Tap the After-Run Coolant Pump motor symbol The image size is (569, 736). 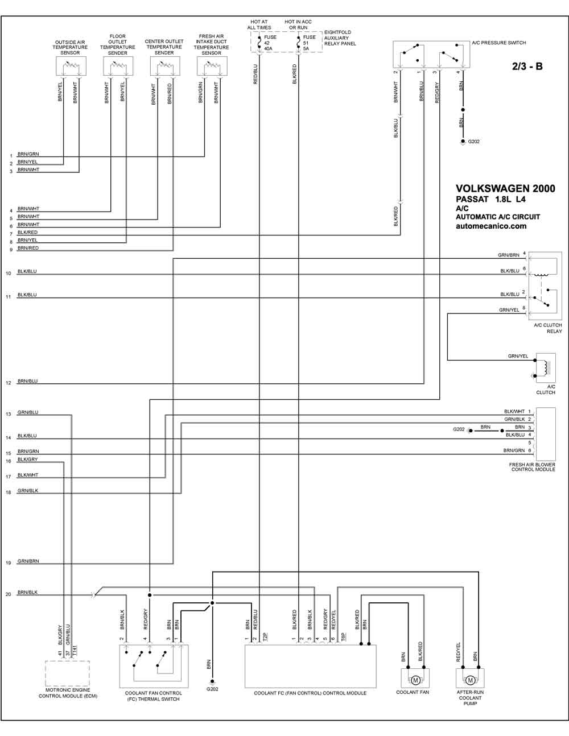(x=470, y=680)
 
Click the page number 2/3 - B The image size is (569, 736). (x=527, y=67)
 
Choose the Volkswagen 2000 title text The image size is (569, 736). (x=505, y=189)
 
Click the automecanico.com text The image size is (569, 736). (x=491, y=226)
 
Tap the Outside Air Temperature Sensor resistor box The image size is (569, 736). (x=71, y=66)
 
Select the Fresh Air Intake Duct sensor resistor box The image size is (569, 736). (x=212, y=66)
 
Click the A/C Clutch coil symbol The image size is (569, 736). (x=545, y=368)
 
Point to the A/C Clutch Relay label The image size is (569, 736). (x=547, y=328)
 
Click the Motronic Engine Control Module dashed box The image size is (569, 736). (x=67, y=673)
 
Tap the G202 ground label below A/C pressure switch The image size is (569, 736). (x=473, y=142)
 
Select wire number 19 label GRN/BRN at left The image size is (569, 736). (x=28, y=561)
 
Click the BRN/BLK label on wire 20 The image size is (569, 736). (x=27, y=592)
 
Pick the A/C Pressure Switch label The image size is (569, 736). (x=499, y=43)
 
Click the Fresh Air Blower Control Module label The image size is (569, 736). (x=532, y=467)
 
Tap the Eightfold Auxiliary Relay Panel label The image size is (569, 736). (x=340, y=38)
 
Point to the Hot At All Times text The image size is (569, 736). (x=259, y=24)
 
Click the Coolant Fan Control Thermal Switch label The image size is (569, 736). (x=154, y=696)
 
